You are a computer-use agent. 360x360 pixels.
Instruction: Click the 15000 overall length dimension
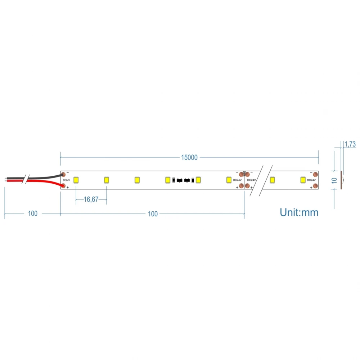tap(189, 157)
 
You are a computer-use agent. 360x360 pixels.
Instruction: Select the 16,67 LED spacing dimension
tap(91, 199)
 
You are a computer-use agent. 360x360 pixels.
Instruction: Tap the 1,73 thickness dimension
tap(350, 144)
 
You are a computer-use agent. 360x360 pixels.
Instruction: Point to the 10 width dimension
tap(334, 180)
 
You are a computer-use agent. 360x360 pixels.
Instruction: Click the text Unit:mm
tap(299, 212)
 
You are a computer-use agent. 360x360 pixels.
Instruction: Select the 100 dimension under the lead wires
tap(32, 214)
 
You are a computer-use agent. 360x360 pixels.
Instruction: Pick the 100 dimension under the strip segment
tap(153, 214)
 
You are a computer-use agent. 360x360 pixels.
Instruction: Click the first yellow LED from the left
tap(76, 180)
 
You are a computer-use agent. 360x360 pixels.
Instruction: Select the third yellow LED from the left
tap(137, 180)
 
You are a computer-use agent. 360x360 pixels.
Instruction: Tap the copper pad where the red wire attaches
tap(63, 186)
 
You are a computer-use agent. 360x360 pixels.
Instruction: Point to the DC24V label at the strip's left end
tap(67, 180)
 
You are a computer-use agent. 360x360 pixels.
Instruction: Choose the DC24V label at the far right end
tap(311, 180)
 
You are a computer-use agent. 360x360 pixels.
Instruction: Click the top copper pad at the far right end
tap(315, 174)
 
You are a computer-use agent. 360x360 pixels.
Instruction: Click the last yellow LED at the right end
tap(303, 180)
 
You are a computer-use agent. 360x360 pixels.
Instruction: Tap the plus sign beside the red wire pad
tap(68, 188)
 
